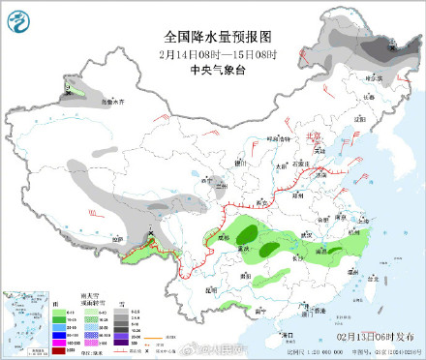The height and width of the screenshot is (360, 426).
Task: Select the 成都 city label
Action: pyautogui.click(x=219, y=235)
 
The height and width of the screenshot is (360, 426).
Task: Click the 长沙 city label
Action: pyautogui.click(x=294, y=258)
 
